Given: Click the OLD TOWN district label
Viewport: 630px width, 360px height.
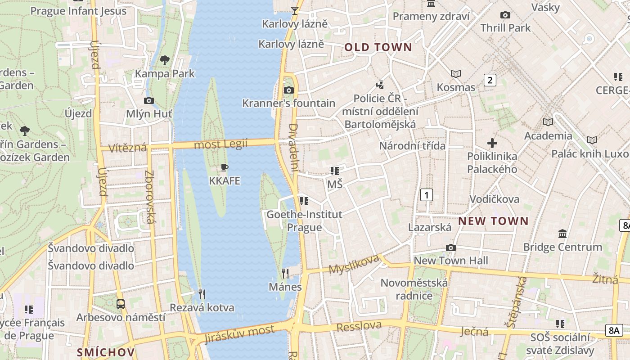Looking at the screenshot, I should pyautogui.click(x=378, y=47).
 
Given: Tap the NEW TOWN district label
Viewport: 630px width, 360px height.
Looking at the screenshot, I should pyautogui.click(x=493, y=221).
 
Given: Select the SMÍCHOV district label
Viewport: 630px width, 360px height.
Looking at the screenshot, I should pyautogui.click(x=106, y=352).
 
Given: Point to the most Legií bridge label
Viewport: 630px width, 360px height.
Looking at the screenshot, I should pyautogui.click(x=220, y=144).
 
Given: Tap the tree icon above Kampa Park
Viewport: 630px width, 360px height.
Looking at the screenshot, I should pyautogui.click(x=165, y=60).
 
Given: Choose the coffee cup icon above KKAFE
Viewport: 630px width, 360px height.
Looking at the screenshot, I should pyautogui.click(x=225, y=168).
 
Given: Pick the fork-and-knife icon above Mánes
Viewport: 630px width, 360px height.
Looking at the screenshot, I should pyautogui.click(x=285, y=273).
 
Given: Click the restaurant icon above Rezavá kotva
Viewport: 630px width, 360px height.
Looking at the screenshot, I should pyautogui.click(x=202, y=294).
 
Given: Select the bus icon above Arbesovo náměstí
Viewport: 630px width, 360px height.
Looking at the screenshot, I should pyautogui.click(x=121, y=304).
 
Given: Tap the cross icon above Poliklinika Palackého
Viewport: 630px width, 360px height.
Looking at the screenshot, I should pyautogui.click(x=492, y=144).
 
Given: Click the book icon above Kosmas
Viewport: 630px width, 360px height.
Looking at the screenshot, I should pyautogui.click(x=456, y=74).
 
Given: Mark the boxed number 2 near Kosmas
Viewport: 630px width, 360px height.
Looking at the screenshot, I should pyautogui.click(x=490, y=80).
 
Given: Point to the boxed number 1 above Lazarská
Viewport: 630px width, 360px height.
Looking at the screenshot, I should pyautogui.click(x=426, y=195).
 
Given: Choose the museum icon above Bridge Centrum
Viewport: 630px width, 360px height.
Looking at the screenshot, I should pyautogui.click(x=562, y=234).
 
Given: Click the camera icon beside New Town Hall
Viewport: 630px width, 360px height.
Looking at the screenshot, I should pyautogui.click(x=450, y=247).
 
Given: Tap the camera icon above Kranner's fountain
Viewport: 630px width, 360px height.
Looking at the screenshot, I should pyautogui.click(x=289, y=90).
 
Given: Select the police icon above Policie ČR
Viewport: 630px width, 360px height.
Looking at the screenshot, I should pyautogui.click(x=380, y=84).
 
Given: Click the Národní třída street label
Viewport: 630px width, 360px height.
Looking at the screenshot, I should pyautogui.click(x=412, y=146).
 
